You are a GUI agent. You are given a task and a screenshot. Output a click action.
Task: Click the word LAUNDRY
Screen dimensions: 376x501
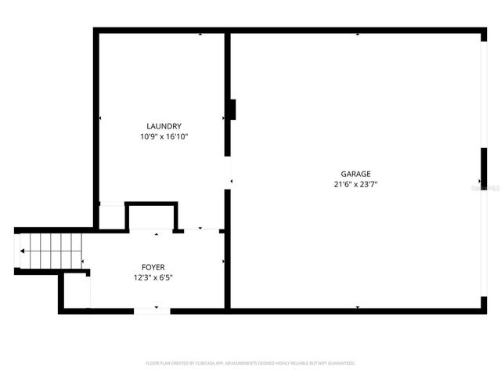tap(164, 126)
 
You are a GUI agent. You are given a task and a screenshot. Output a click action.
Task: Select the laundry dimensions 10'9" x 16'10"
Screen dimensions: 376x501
tap(164, 136)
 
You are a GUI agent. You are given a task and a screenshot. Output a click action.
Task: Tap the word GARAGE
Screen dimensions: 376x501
tap(355, 174)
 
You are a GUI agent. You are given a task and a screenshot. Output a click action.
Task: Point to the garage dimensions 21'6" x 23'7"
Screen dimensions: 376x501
tap(355, 185)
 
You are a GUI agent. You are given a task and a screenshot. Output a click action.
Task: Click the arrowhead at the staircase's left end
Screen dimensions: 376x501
tap(23, 251)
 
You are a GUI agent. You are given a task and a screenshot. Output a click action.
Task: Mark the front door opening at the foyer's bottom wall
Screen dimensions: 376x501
tap(151, 311)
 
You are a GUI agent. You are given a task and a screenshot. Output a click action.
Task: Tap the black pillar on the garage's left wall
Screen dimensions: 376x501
tap(232, 109)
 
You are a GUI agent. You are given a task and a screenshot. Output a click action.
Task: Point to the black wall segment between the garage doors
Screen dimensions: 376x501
tap(483, 169)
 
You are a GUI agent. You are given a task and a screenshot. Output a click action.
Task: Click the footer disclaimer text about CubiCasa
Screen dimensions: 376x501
tap(250, 363)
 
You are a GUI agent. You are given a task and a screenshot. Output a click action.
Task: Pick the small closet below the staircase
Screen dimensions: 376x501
tap(77, 291)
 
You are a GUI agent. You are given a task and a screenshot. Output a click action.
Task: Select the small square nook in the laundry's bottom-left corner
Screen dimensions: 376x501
tap(112, 216)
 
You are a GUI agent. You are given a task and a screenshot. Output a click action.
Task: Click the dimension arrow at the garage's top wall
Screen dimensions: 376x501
tap(358, 34)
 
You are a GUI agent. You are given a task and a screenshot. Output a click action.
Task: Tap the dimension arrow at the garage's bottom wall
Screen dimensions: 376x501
tap(358, 307)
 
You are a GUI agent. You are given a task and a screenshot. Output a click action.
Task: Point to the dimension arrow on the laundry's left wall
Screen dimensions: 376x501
tap(100, 118)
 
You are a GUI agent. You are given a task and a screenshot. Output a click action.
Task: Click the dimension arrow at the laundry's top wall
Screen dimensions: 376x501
tap(200, 34)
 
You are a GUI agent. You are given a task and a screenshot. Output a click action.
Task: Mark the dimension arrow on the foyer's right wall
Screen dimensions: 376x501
tap(224, 261)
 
